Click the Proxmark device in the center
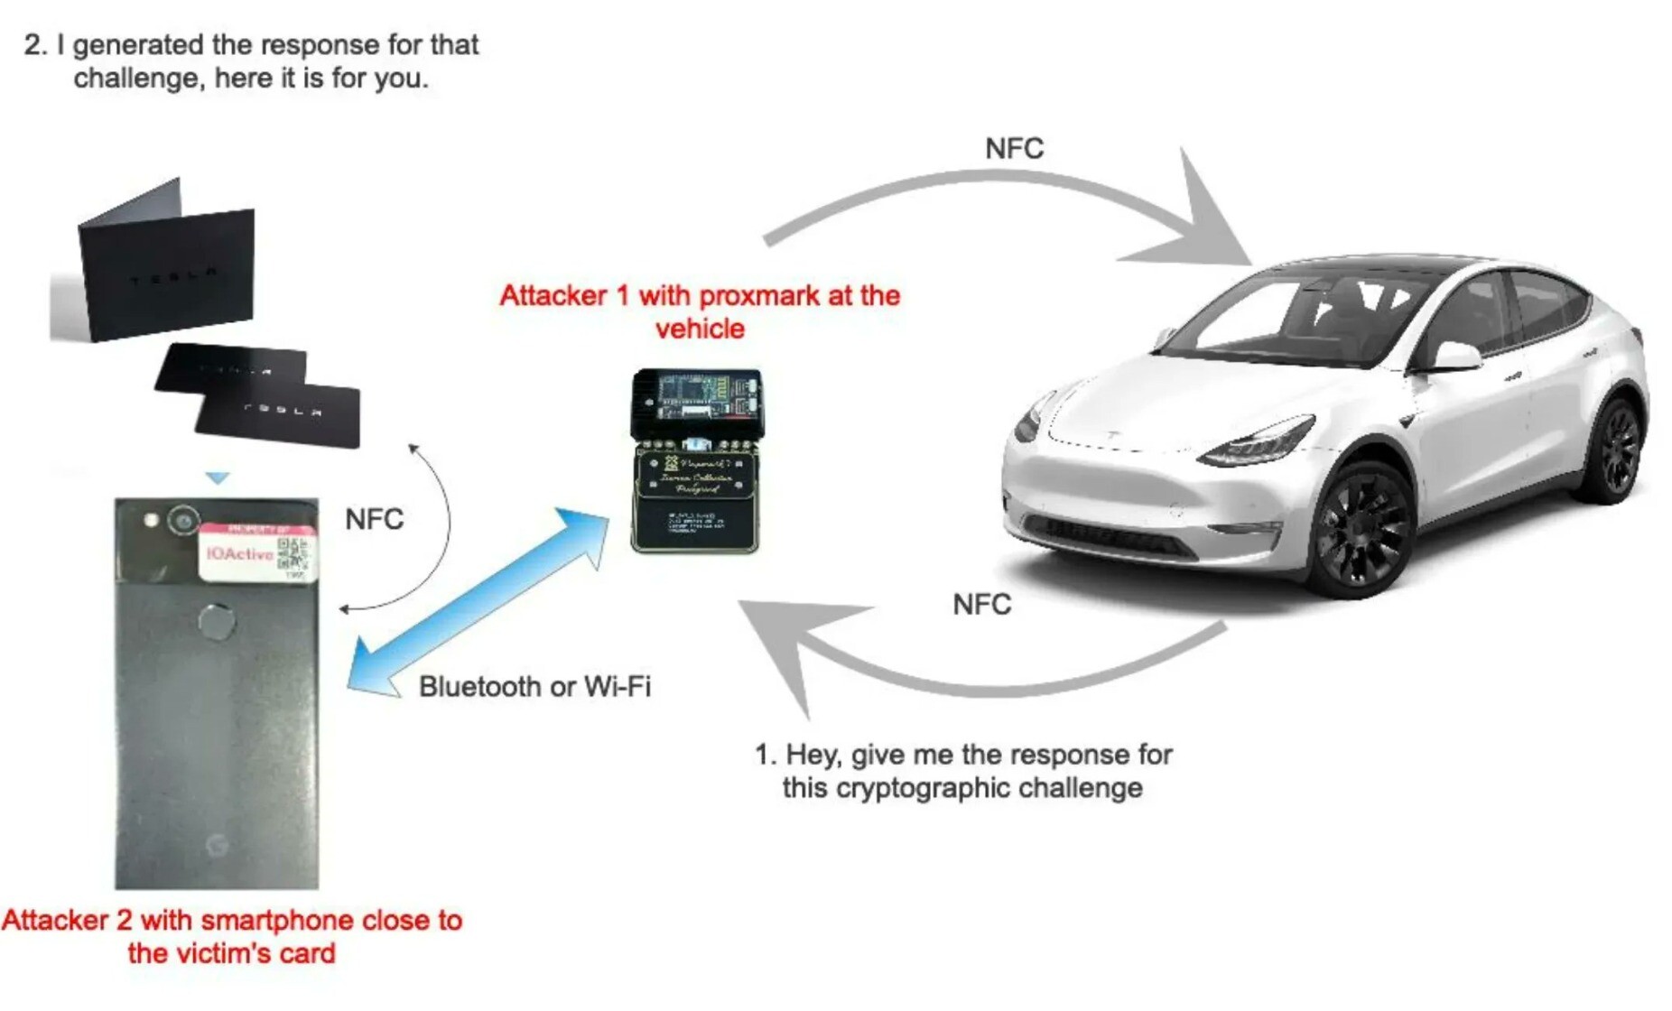(x=696, y=459)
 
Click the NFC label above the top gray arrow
(x=1014, y=149)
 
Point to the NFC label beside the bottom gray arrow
(x=981, y=605)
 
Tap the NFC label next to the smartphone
(x=374, y=520)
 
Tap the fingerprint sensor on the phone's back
(x=217, y=622)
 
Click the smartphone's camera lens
(x=184, y=520)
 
